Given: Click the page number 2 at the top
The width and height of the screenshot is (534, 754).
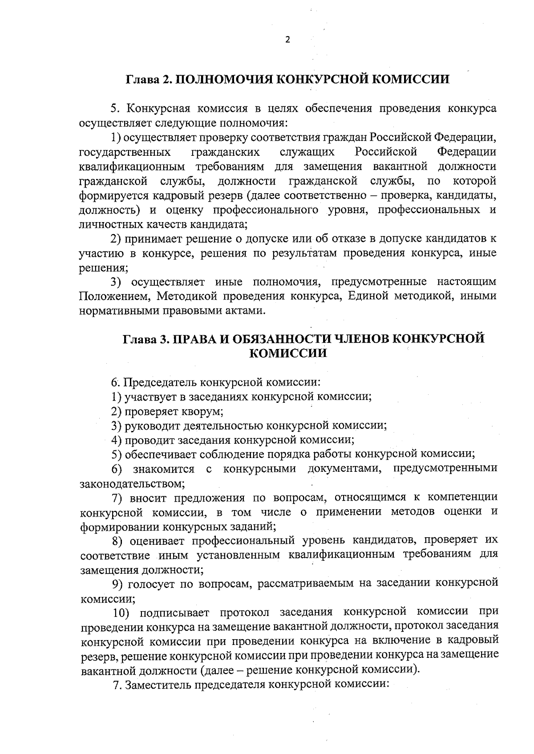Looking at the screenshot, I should [x=287, y=40].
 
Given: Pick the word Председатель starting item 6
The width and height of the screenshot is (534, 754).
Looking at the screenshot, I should [x=159, y=382].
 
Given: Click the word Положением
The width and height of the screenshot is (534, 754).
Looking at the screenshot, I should [x=114, y=296].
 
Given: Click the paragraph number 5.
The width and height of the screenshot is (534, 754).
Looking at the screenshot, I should [x=113, y=109].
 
